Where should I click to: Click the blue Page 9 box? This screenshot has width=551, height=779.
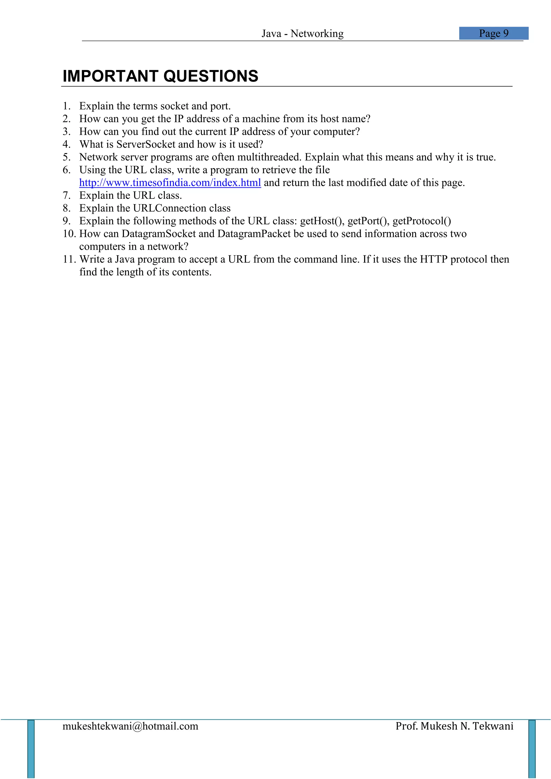pos(494,33)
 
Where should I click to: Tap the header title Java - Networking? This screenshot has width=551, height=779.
pos(302,34)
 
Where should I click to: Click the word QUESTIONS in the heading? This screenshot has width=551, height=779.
pos(211,76)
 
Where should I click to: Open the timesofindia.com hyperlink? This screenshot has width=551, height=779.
pos(170,183)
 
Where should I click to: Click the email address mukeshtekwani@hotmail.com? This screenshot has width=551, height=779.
pos(130,726)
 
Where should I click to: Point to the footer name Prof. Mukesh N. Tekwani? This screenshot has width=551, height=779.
pos(454,726)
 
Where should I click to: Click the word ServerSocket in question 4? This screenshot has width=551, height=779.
pos(146,144)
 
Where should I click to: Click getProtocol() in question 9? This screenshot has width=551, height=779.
pos(422,221)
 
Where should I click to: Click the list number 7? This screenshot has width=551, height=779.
pos(66,196)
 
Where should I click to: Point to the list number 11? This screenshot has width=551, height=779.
pos(69,260)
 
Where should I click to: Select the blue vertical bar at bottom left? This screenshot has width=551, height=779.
pos(31,749)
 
